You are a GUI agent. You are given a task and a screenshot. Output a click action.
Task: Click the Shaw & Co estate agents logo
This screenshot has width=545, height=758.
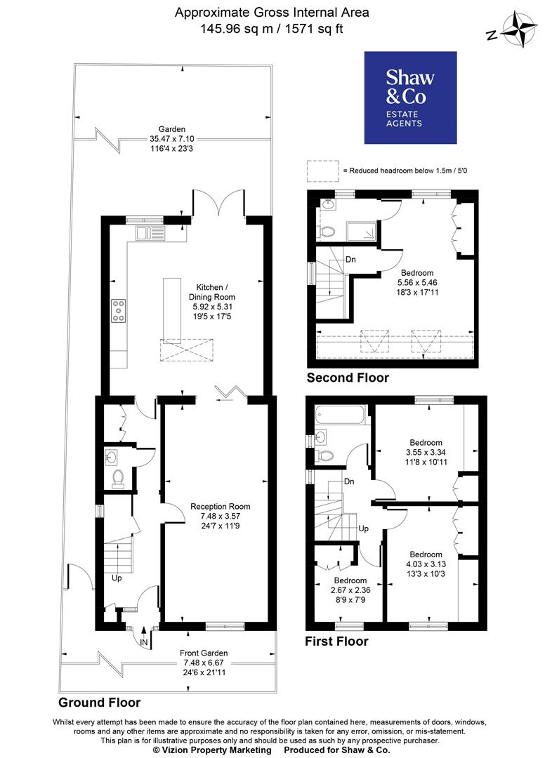point(409,98)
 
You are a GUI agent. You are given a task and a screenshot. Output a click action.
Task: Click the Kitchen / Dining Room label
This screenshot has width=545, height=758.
point(212,293)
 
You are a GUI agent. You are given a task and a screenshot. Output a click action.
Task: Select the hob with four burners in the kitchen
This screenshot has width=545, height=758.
point(118,310)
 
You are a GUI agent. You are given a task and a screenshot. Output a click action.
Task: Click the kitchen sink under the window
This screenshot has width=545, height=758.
point(151,233)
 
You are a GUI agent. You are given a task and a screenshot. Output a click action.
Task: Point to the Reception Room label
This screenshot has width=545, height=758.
point(220,506)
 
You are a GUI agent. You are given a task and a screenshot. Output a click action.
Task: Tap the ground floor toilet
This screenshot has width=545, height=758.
point(117,478)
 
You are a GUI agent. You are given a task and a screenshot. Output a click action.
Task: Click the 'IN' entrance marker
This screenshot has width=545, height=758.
point(144,641)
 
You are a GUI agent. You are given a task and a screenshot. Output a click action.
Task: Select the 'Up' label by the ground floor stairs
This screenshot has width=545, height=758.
point(117,578)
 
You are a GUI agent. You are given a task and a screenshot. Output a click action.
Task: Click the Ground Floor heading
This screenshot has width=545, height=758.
point(99,702)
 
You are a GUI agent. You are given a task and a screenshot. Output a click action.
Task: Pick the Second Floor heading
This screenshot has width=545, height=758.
point(348,378)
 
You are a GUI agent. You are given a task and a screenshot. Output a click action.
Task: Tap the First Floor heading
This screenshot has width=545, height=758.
point(336,641)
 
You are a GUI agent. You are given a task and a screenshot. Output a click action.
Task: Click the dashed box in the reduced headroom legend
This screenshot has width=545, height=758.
point(322,171)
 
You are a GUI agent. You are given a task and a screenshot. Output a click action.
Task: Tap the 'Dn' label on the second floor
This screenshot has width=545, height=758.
point(350,259)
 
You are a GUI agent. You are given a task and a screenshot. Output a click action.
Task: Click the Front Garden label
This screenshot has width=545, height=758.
point(203,653)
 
